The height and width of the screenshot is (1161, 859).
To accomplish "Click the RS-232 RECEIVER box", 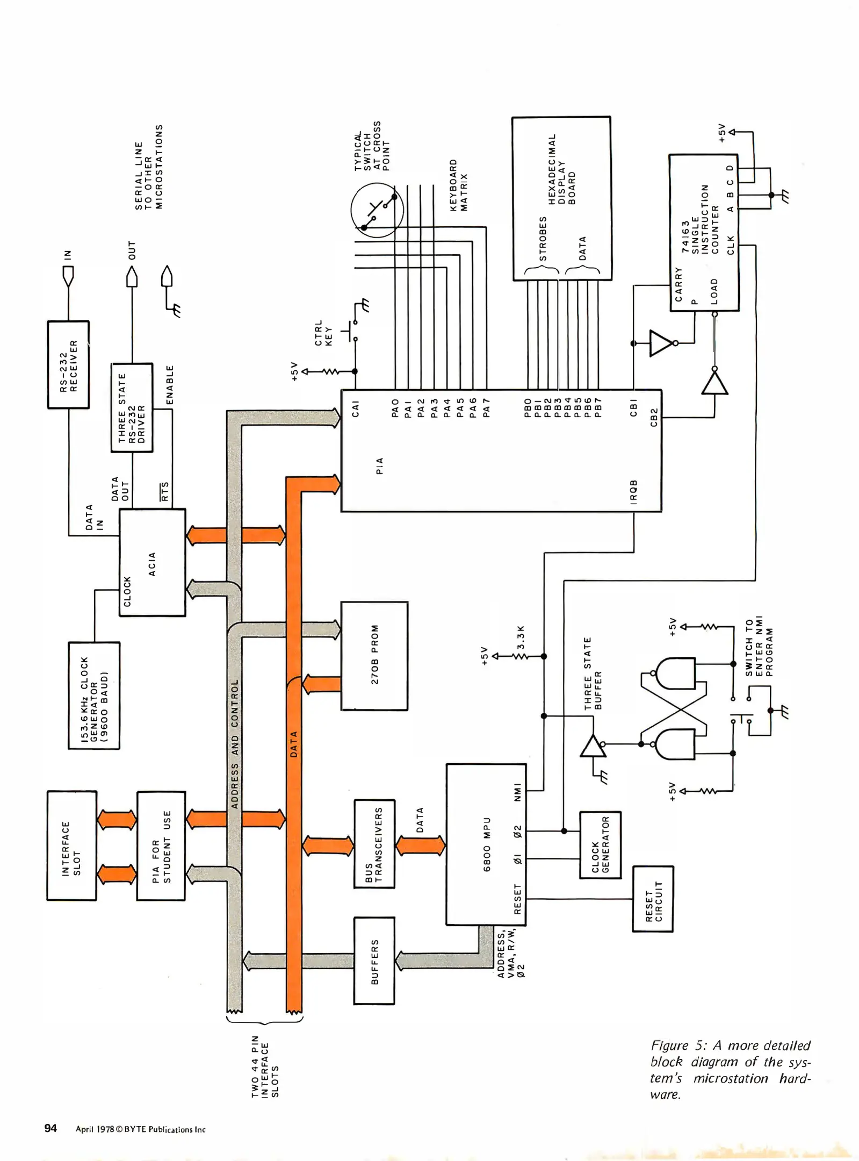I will pyautogui.click(x=68, y=365).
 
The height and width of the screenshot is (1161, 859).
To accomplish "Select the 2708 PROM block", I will pyautogui.click(x=374, y=655).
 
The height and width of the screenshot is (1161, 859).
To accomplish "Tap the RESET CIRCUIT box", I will pyautogui.click(x=653, y=899).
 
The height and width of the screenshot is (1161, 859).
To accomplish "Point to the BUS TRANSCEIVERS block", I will pyautogui.click(x=374, y=843).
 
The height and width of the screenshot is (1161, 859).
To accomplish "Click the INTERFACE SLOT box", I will pyautogui.click(x=71, y=845).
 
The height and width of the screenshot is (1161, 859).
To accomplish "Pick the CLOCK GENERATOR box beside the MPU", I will pyautogui.click(x=600, y=845).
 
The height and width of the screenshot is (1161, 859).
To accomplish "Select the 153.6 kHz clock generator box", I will pyautogui.click(x=94, y=695).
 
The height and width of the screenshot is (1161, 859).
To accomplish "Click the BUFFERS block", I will pyautogui.click(x=374, y=961).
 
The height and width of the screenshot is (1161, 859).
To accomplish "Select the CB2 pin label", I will pyautogui.click(x=654, y=418).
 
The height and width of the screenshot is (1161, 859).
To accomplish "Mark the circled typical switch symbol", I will pyautogui.click(x=377, y=210).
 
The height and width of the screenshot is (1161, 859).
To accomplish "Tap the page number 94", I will pyautogui.click(x=50, y=1128).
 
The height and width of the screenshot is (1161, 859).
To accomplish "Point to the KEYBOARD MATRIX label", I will pyautogui.click(x=458, y=185).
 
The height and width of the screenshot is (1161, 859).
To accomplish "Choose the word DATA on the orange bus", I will pyautogui.click(x=293, y=744).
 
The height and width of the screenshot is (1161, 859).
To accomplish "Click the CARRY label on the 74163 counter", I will pyautogui.click(x=678, y=284).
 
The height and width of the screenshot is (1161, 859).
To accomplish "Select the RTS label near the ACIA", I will pyautogui.click(x=165, y=491).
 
